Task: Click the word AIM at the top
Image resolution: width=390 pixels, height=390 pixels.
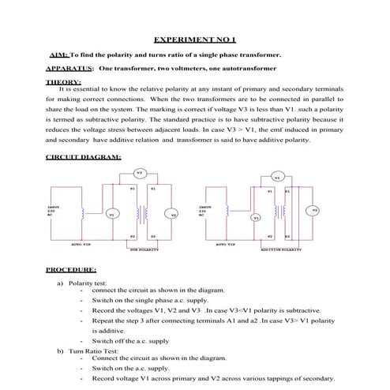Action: (x=59, y=55)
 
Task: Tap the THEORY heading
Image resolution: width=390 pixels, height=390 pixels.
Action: (x=63, y=81)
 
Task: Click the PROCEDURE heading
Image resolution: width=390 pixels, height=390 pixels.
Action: (x=71, y=269)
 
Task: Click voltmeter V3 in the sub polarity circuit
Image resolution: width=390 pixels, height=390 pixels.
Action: (x=139, y=172)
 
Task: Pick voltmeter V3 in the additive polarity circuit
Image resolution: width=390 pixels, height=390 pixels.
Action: (x=277, y=177)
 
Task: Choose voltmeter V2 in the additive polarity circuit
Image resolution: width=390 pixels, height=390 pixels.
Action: (x=314, y=210)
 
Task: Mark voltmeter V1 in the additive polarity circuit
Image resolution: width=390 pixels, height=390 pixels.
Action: (x=256, y=217)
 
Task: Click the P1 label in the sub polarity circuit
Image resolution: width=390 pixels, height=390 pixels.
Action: (x=133, y=189)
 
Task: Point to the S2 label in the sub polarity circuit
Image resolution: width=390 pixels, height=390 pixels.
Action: (x=153, y=236)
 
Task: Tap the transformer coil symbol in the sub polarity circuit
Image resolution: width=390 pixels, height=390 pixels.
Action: (x=143, y=213)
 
